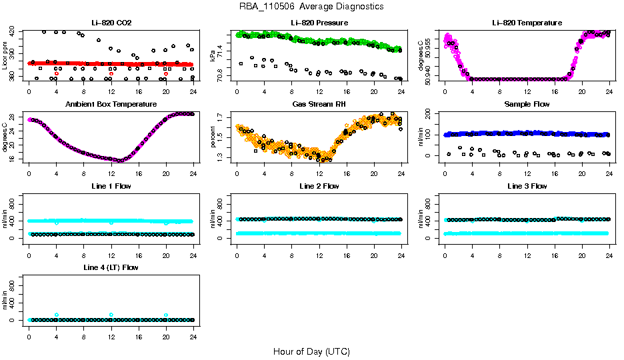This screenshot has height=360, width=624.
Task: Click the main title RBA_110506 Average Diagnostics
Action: coord(311,7)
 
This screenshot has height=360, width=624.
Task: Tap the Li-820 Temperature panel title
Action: coord(527,23)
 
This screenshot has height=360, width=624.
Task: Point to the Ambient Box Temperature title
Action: coord(111,105)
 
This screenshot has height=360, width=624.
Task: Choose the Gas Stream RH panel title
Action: coord(319,105)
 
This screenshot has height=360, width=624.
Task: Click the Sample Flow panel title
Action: coord(527,105)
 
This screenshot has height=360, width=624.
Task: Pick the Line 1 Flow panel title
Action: coord(111,186)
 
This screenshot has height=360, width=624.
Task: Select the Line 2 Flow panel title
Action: coord(319,186)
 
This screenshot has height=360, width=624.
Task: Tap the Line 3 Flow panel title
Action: coord(527,186)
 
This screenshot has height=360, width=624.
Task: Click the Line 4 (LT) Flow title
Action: coord(111,267)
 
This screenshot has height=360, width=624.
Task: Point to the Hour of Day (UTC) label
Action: coord(311,351)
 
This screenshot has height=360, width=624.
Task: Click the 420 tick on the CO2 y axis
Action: coord(16,31)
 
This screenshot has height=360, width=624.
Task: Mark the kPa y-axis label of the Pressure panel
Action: coord(213,55)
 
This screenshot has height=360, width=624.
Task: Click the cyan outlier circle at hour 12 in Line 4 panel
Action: coord(111,315)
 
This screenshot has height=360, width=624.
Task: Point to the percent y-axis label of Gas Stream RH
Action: coord(213,137)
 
